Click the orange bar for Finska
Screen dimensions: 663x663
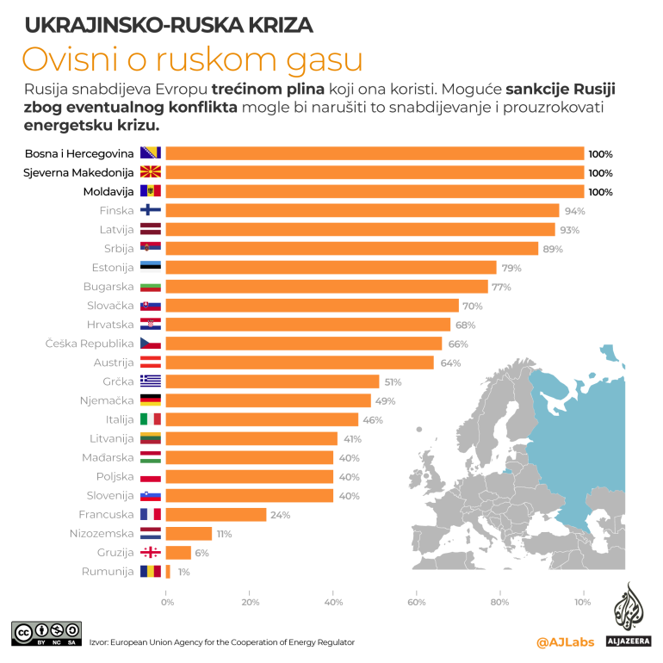click(362, 210)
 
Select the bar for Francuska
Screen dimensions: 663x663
click(216, 514)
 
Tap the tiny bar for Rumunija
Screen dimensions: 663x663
click(168, 572)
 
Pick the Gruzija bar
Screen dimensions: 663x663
click(178, 553)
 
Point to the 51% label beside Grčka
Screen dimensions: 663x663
click(392, 381)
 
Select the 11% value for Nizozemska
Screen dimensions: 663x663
click(224, 534)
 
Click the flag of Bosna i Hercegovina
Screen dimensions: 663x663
click(151, 153)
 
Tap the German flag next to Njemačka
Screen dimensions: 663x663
click(151, 400)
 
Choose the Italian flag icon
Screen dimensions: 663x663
click(151, 419)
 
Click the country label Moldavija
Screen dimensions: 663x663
click(108, 191)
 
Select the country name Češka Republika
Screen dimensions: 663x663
click(90, 344)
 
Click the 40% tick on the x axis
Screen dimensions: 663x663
click(333, 602)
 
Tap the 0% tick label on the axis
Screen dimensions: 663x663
click(167, 602)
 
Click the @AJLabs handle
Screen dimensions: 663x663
click(565, 641)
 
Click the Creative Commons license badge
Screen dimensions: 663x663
click(46, 633)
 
